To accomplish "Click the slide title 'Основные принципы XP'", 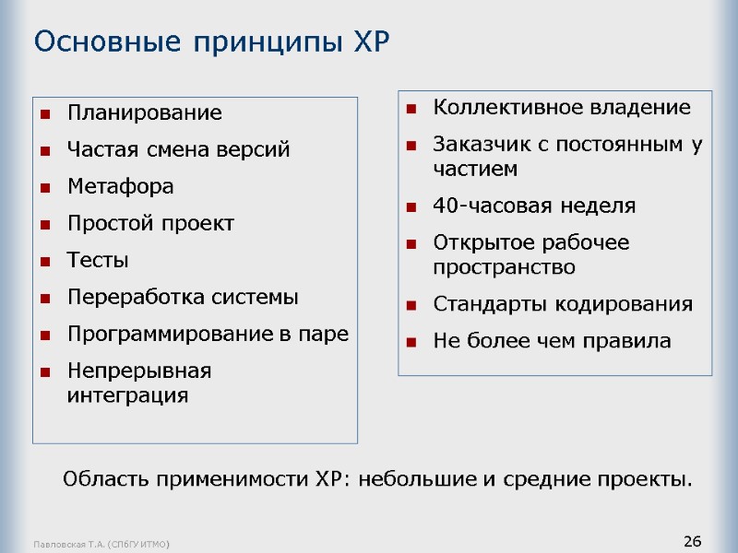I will click(212, 41).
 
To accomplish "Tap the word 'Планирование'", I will click(145, 113).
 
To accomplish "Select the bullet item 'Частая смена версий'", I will click(179, 149).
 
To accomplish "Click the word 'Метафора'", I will click(121, 186).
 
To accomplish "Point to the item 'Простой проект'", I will click(151, 223).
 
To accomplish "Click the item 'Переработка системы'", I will click(184, 297).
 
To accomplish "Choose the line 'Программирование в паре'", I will click(208, 334).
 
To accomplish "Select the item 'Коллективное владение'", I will click(562, 107).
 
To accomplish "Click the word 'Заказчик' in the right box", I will click(474, 144).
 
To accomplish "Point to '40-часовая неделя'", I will click(534, 206).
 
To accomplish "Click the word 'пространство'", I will click(504, 267).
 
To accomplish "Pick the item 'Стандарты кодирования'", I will click(563, 304).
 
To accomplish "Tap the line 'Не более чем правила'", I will click(553, 341).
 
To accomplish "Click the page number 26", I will click(693, 540).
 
